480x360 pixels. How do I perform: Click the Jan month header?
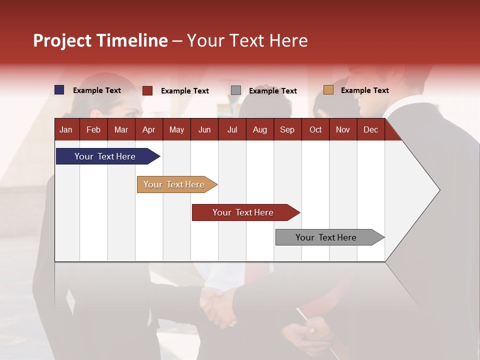pos(66,129)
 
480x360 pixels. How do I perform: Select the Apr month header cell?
pos(148,129)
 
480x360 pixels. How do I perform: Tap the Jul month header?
pos(232,129)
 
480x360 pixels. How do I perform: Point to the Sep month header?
pos(287,129)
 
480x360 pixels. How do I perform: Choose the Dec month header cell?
pos(370,129)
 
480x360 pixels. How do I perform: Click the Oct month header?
pos(315,129)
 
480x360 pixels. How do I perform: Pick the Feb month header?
pos(93,129)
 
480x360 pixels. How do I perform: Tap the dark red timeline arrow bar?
pos(243,212)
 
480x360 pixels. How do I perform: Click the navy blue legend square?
pos(59,90)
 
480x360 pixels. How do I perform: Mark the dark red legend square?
pos(147,90)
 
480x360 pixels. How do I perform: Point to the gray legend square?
pos(236,90)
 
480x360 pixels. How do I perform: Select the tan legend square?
pos(328,90)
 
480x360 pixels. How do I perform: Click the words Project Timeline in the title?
pos(100,40)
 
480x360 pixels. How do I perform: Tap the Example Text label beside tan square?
pos(364,90)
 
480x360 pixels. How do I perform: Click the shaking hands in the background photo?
pos(219,306)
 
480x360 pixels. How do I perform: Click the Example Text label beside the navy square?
pos(96,90)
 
